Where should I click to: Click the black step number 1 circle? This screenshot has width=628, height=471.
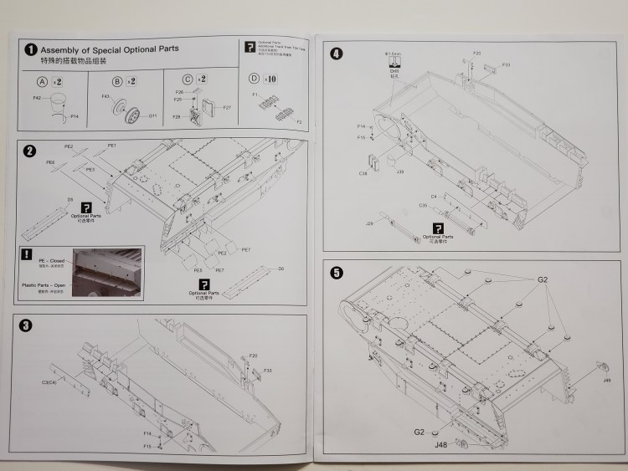[30, 50]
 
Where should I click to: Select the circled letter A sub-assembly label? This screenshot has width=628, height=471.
[43, 81]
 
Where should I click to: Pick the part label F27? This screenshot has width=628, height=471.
[227, 107]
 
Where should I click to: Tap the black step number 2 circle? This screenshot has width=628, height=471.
[30, 151]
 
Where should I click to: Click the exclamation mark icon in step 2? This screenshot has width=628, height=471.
[28, 253]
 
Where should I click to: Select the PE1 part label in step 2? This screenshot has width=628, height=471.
[111, 146]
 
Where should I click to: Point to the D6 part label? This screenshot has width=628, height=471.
[281, 269]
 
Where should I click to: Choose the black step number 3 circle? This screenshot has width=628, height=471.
[28, 325]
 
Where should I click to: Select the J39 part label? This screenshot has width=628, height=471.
[400, 172]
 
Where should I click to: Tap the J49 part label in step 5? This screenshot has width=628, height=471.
[605, 380]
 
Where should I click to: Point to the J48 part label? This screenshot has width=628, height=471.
[440, 443]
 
